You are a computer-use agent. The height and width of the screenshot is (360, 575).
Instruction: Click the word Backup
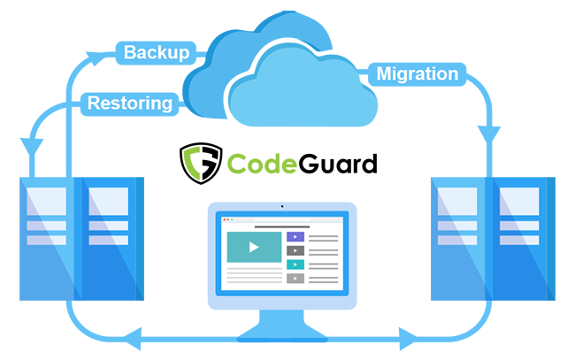[156, 52]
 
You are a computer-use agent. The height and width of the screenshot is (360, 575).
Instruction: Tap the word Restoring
[129, 103]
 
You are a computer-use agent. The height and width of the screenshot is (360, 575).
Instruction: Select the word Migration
[417, 73]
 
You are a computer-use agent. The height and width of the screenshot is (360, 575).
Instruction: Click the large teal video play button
[254, 248]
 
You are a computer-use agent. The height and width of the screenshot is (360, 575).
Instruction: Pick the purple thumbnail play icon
[295, 237]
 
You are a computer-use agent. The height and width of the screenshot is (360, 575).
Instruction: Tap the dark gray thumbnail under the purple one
[295, 251]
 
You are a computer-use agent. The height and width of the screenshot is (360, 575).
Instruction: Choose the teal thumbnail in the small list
[295, 264]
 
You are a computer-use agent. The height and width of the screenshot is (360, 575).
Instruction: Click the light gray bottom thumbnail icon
[295, 279]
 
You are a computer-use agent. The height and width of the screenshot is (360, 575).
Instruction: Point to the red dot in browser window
[224, 219]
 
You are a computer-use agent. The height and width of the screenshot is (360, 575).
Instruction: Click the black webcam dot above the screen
[282, 206]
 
